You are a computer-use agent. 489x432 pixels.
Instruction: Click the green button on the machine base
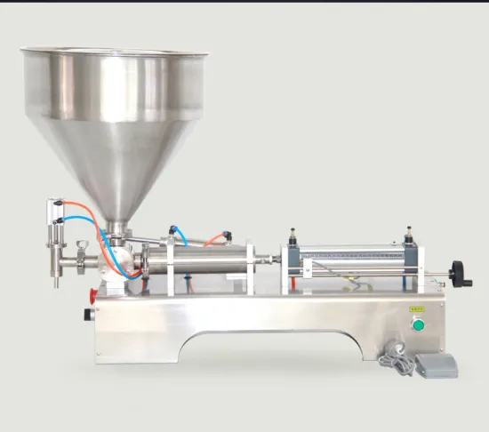[417, 325]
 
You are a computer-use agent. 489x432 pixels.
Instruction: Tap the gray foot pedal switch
[431, 363]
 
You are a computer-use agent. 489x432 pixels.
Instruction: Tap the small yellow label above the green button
[416, 309]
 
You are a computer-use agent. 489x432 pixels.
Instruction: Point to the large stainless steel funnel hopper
[115, 116]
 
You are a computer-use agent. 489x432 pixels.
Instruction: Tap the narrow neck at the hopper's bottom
[115, 228]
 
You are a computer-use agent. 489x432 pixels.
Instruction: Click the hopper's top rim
[115, 52]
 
